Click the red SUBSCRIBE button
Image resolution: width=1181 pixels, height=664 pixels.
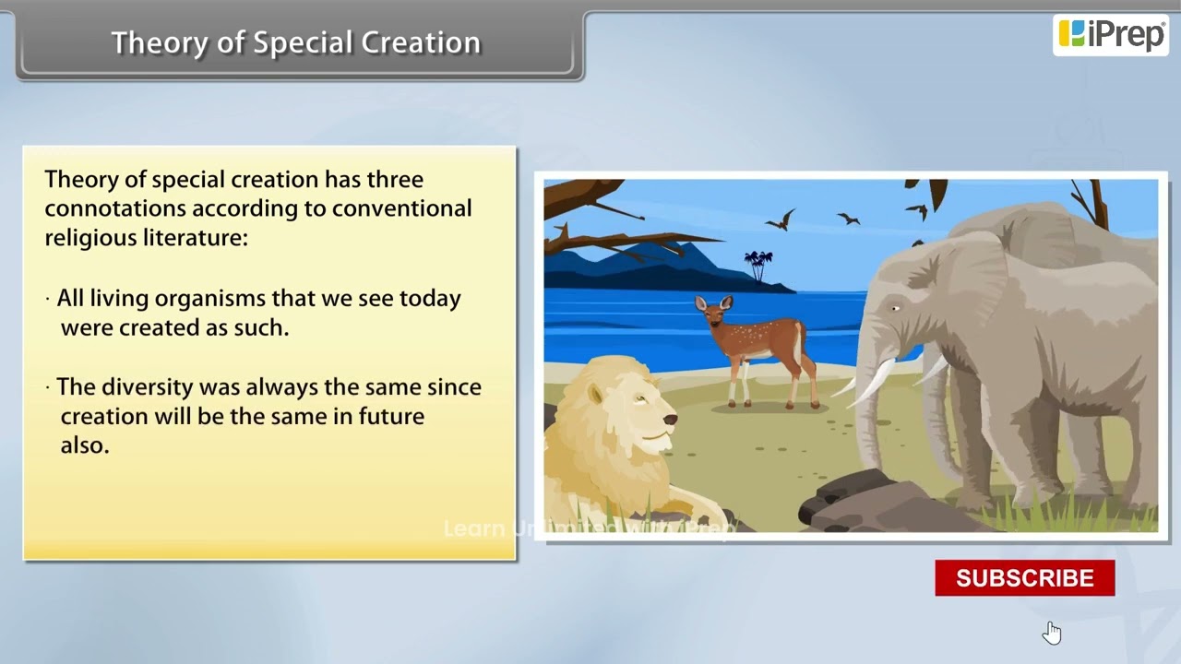(1024, 578)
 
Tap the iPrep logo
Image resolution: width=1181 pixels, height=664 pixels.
(1110, 35)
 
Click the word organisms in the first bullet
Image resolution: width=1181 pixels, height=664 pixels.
(209, 299)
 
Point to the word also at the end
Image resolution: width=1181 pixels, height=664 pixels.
(84, 445)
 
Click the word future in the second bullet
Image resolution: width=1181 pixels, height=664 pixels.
(390, 416)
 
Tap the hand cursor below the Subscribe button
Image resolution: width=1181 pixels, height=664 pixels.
(1052, 633)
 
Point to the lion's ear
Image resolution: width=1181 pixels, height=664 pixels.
(596, 394)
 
